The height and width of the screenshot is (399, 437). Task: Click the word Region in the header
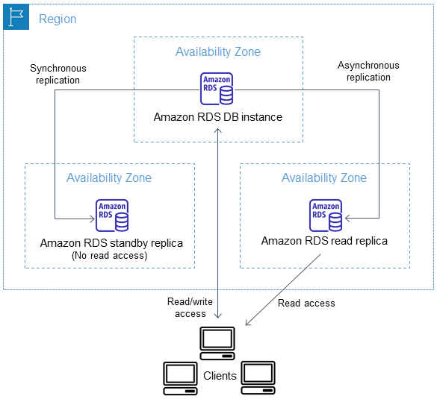point(58,19)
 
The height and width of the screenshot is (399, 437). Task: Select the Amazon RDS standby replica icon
point(112,216)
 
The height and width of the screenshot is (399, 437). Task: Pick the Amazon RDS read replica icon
point(326,215)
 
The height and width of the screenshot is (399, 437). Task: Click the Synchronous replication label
point(55,74)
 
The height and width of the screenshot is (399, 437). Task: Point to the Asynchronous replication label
point(368,72)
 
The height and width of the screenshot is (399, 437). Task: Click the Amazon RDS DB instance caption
point(217,117)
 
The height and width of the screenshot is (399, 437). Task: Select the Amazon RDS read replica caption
point(324,242)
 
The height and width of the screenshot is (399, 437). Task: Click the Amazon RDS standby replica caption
point(111,243)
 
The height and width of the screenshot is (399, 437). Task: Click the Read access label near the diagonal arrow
point(306,304)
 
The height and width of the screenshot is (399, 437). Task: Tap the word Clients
point(220,376)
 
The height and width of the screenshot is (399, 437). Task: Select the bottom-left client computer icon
point(181,377)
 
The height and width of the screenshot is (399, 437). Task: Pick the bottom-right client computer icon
point(257,377)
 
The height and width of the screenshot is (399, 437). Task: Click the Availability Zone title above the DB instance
point(218,52)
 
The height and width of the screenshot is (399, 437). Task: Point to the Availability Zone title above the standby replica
point(109,178)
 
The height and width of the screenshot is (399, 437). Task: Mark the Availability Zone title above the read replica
point(324,178)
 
